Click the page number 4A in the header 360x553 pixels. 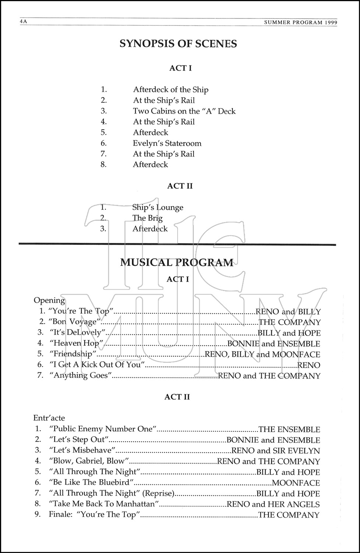tap(24, 22)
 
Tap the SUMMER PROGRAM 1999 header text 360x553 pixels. tap(301, 22)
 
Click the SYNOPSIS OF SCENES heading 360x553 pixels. tap(178, 44)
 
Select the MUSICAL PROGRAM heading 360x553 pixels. tap(177, 262)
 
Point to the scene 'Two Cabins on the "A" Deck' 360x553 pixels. tap(184, 111)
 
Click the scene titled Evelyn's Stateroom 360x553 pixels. tap(167, 143)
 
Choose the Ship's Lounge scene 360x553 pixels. tap(158, 207)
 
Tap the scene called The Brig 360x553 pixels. tap(147, 218)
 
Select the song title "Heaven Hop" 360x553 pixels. tap(76, 343)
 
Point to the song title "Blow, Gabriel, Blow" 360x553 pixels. tap(89, 461)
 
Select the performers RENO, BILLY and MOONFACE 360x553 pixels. tap(262, 354)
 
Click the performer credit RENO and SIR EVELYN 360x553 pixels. tap(276, 451)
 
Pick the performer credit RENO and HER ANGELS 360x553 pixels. tap(273, 504)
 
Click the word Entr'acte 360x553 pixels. tap(49, 418)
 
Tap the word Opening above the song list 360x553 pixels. tap(49, 300)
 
